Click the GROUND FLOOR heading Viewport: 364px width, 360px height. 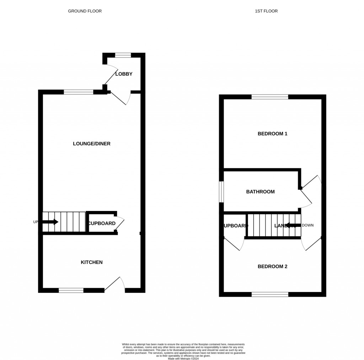pos(85,11)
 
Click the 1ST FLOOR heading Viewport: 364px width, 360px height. pos(266,11)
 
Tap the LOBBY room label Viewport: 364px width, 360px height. pos(124,74)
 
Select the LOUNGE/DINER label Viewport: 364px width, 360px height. pos(92,144)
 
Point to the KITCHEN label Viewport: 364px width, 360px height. pos(92,262)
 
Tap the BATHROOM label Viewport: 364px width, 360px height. pos(260,192)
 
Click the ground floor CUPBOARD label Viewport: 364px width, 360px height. pos(102,223)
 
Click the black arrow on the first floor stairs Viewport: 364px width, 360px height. pos(293,225)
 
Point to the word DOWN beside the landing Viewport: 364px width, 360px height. pos(307,225)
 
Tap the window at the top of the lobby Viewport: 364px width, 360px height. pos(123,55)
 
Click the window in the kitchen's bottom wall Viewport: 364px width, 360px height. pos(71,291)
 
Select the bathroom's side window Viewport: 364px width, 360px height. pos(221,192)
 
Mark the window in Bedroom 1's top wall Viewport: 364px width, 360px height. pos(270,97)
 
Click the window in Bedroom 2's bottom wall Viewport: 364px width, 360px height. pos(270,294)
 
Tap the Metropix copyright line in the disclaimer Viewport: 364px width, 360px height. pos(183,358)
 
